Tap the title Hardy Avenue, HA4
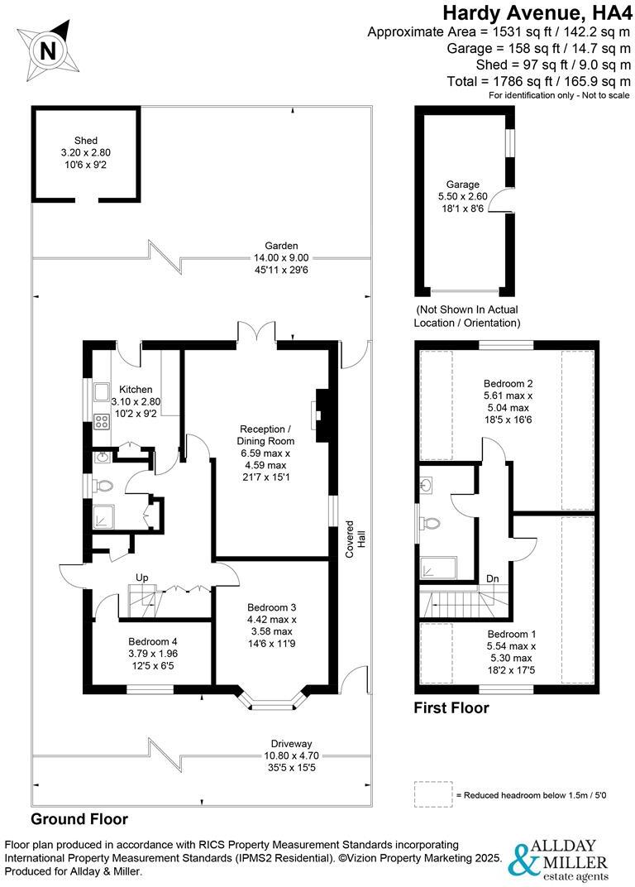pos(537,12)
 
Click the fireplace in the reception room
pos(319,411)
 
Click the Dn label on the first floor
pos(491,578)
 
